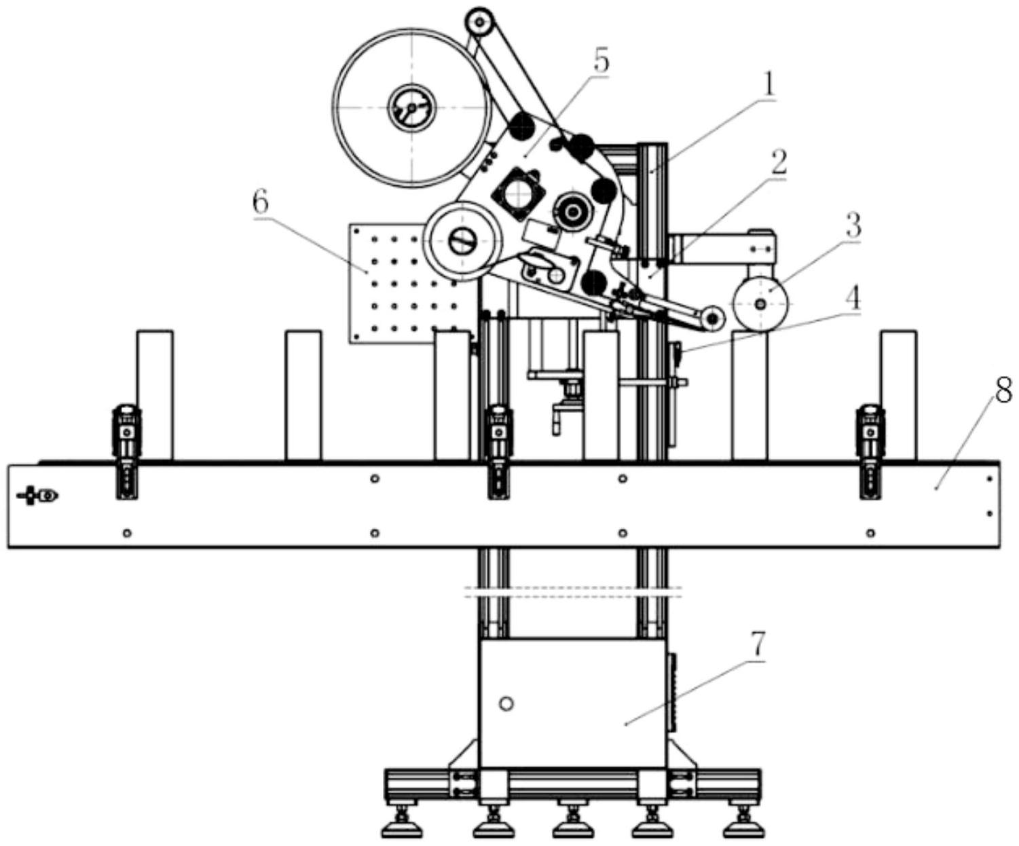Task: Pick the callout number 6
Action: click(x=260, y=203)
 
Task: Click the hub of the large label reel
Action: click(x=412, y=107)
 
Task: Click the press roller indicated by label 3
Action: click(x=760, y=304)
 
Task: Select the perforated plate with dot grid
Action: click(x=412, y=284)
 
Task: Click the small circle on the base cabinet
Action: click(x=507, y=703)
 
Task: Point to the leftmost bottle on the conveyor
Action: click(x=155, y=395)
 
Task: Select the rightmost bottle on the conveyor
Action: click(x=898, y=395)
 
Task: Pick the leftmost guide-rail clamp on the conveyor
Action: click(x=127, y=452)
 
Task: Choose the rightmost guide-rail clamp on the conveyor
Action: click(x=870, y=452)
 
